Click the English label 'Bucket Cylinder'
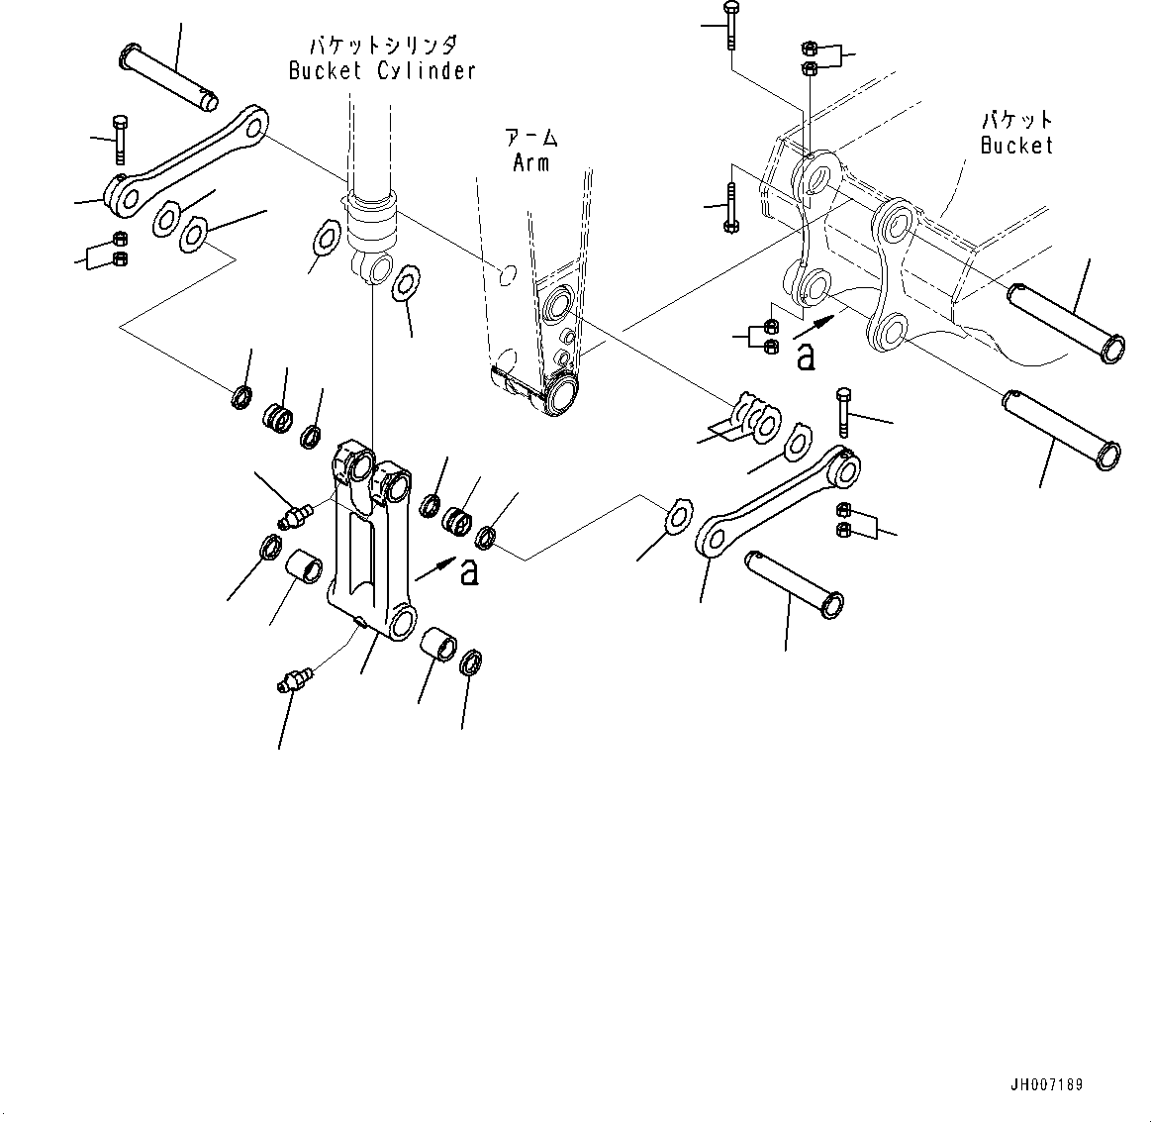coord(382,70)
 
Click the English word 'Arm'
coord(530,162)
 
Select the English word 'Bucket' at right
coord(1016,145)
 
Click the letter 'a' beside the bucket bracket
coord(806,357)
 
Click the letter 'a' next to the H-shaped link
coord(469,571)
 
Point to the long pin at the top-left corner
coord(168,74)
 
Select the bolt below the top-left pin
coord(120,139)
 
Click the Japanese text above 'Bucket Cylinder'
coord(382,45)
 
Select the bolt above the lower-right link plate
coord(842,412)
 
